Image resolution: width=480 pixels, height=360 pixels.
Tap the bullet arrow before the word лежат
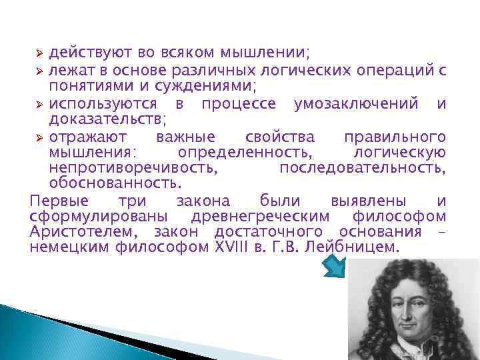[x=39, y=69]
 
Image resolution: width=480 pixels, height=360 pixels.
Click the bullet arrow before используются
[x=39, y=103]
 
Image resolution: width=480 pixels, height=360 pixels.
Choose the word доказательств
[x=106, y=119]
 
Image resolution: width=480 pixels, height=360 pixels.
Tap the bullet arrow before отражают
[x=39, y=137]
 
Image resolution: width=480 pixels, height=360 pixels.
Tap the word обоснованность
[x=114, y=182]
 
